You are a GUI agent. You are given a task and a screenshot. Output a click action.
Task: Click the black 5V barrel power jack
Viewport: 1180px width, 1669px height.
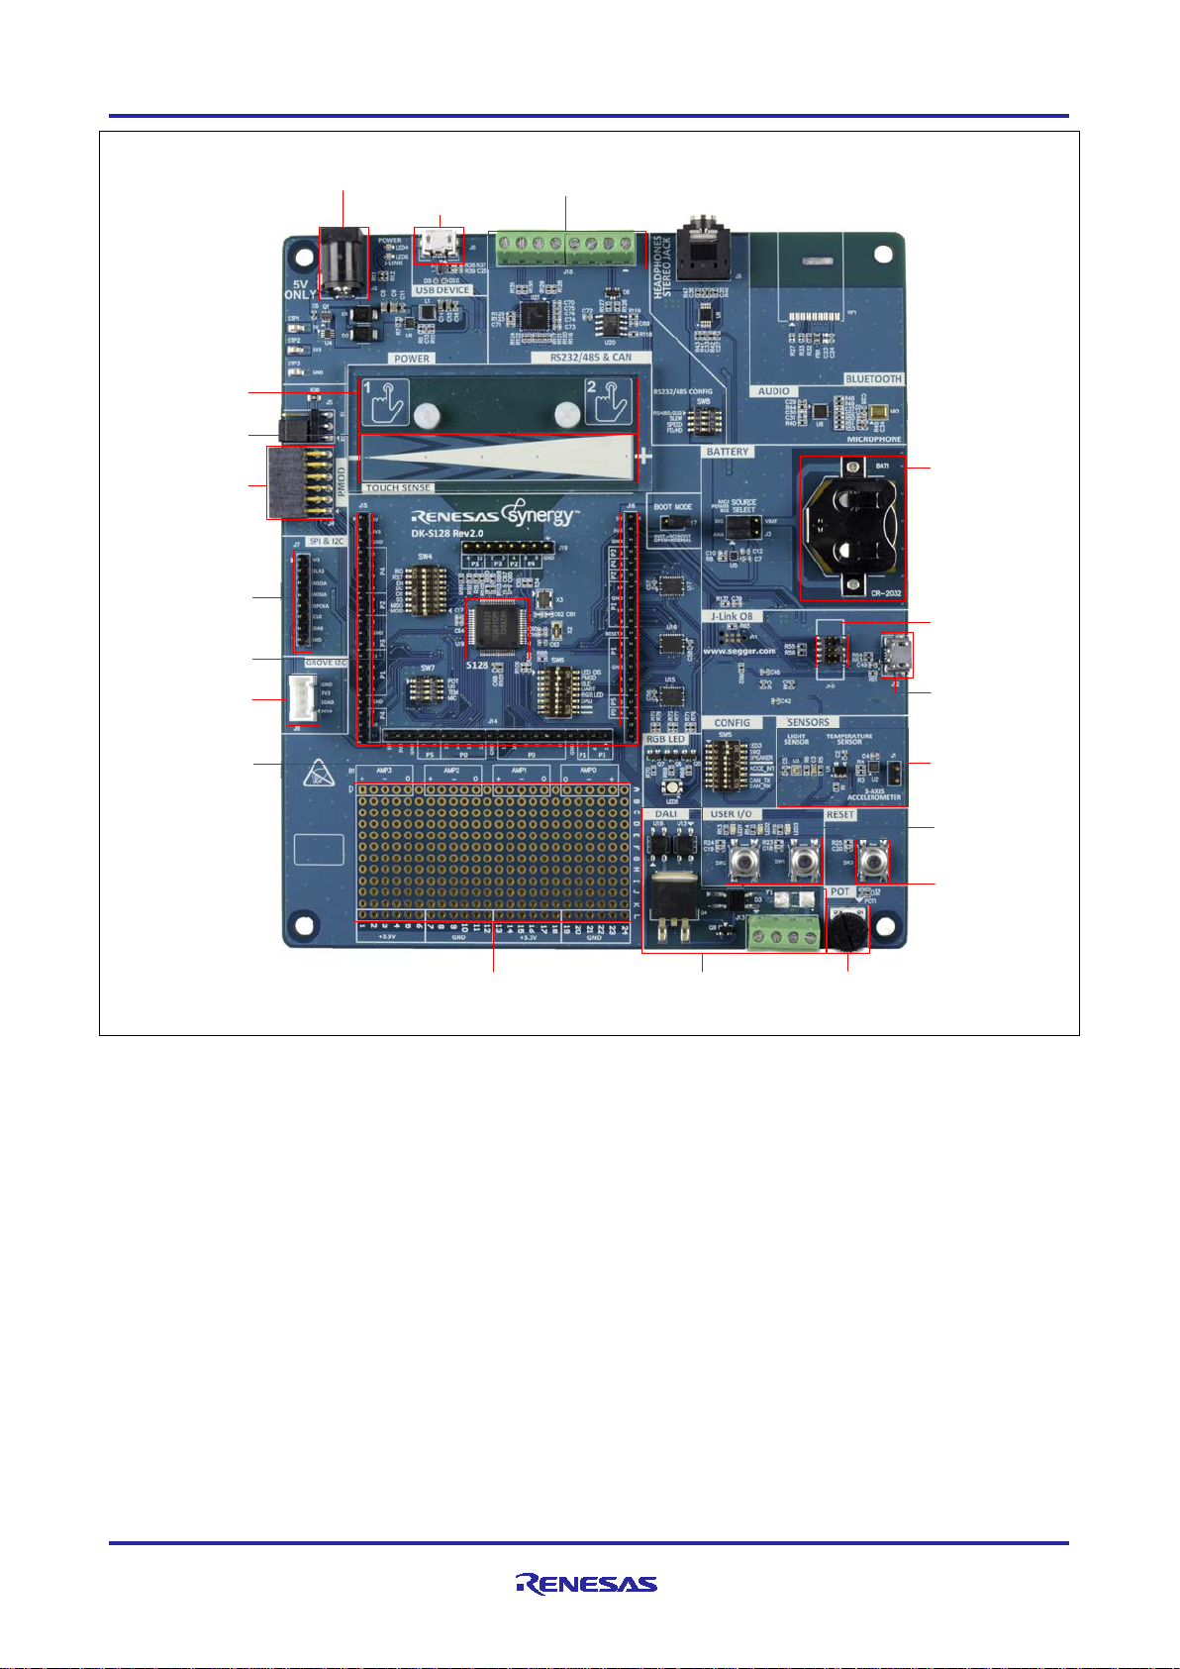tap(343, 262)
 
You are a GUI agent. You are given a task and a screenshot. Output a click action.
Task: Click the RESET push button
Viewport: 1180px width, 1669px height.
tap(872, 861)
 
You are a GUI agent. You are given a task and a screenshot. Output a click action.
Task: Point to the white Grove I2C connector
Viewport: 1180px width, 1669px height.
tap(303, 700)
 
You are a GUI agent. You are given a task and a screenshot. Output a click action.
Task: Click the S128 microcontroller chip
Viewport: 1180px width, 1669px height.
tap(497, 626)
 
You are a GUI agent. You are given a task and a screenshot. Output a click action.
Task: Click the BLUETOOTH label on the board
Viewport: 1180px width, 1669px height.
tap(873, 379)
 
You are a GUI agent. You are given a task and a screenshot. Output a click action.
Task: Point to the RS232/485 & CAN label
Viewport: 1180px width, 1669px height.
tap(590, 358)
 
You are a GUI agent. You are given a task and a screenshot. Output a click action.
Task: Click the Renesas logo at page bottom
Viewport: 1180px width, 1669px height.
tap(586, 1583)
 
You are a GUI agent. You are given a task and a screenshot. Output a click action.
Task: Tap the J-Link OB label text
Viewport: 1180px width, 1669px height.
tap(732, 616)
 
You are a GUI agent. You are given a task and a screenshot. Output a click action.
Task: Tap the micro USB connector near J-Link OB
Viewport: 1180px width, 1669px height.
tap(898, 655)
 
